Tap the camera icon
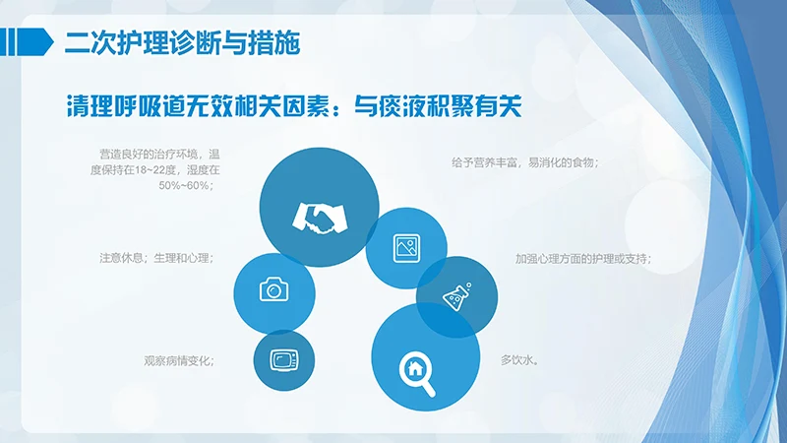click(x=273, y=289)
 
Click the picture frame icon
click(x=406, y=246)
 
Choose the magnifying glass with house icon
click(x=416, y=369)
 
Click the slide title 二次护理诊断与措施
click(x=182, y=42)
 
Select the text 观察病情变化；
click(x=179, y=360)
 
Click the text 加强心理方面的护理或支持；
click(x=582, y=259)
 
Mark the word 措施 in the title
click(x=278, y=42)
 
